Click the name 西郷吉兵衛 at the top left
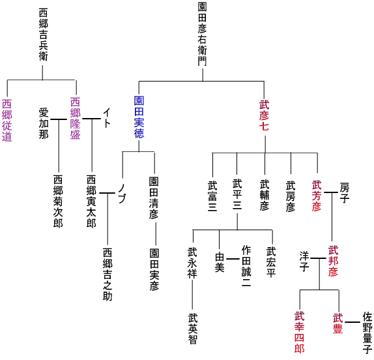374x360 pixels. coord(43,35)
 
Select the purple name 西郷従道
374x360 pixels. coord(7,121)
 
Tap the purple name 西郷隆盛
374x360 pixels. coord(75,119)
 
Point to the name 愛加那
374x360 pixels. coord(44,123)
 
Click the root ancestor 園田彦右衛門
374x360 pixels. coord(202,34)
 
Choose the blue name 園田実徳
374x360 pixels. coord(139,117)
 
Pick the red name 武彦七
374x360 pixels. coord(265,116)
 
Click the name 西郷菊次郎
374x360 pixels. coord(58,202)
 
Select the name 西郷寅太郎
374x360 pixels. coord(91,202)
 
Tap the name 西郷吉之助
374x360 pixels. coord(108,275)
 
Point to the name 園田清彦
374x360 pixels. coord(154,198)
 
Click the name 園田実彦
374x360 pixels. coord(154,270)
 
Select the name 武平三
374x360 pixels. coord(237,194)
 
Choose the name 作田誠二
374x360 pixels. coord(246,266)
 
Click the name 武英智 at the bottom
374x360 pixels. coord(193,329)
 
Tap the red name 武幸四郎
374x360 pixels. coord(299,332)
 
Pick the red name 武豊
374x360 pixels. coord(338,323)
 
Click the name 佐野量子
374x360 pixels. coord(367,333)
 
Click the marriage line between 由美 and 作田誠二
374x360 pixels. coord(233,259)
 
